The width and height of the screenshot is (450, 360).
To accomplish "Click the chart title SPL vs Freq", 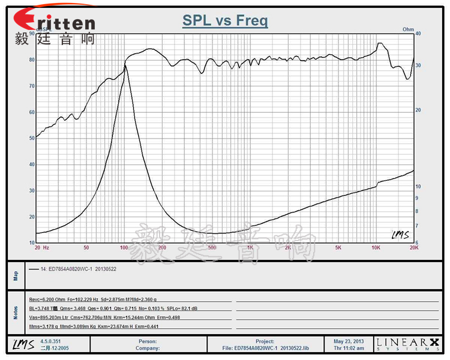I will (x=225, y=21).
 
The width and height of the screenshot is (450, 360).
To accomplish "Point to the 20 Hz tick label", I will (x=41, y=247).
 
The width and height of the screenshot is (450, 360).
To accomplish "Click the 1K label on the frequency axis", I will (x=250, y=247).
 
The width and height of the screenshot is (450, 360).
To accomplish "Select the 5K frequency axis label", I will (x=338, y=247).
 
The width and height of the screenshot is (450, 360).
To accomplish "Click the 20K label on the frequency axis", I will (x=413, y=247).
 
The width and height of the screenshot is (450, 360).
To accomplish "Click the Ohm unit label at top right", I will (x=408, y=29).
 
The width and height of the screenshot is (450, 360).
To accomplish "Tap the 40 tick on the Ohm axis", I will (x=418, y=34).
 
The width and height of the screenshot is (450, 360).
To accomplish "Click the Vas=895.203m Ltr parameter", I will (x=49, y=317).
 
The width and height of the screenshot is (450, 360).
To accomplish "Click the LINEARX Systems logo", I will (x=407, y=344).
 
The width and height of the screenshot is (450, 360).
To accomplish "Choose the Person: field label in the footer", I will (x=148, y=341).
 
